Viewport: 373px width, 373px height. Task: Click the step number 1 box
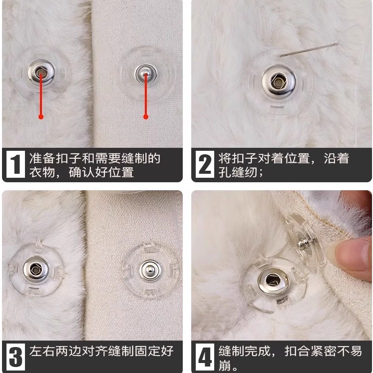(15, 164)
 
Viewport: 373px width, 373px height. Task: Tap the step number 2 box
(205, 164)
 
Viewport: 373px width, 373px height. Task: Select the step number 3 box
(15, 357)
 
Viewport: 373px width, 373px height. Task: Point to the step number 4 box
(205, 357)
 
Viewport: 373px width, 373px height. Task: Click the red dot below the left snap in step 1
(41, 117)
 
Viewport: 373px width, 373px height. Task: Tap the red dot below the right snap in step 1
(146, 117)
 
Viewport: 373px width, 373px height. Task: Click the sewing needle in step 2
(309, 50)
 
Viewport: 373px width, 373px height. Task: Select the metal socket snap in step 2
(279, 82)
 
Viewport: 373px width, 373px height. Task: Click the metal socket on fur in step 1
(41, 72)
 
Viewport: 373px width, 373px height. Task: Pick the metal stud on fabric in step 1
(146, 74)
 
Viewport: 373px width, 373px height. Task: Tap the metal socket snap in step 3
(36, 269)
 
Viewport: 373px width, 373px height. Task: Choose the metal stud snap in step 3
(150, 270)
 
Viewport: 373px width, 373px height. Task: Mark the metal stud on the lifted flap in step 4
(305, 244)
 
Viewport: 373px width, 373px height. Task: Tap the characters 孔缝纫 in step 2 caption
(238, 172)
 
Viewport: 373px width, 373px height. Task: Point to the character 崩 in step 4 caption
(225, 366)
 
